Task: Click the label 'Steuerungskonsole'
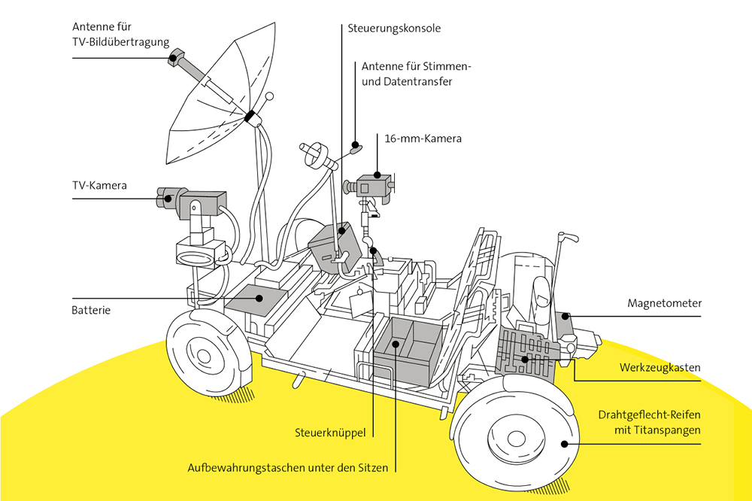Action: (394, 29)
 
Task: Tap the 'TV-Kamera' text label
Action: (100, 185)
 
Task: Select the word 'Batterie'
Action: (91, 310)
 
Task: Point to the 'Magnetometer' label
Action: (664, 303)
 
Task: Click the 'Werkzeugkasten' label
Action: (660, 368)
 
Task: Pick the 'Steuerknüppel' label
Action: (330, 433)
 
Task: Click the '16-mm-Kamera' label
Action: (423, 138)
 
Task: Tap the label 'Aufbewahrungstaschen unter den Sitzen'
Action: (288, 468)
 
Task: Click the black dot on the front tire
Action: (565, 445)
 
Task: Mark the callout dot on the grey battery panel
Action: (259, 298)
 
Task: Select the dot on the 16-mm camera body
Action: (378, 175)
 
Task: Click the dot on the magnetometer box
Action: (566, 316)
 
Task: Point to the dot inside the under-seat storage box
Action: (396, 344)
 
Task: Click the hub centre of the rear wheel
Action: (204, 356)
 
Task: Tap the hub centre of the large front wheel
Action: (516, 439)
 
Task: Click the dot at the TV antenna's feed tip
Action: (173, 59)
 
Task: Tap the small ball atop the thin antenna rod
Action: (269, 96)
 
